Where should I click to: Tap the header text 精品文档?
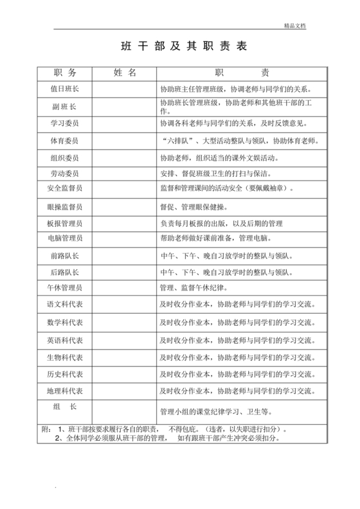pyautogui.click(x=295, y=26)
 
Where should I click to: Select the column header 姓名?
pyautogui.click(x=124, y=73)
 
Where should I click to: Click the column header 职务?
pyautogui.click(x=64, y=73)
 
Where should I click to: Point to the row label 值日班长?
pyautogui.click(x=64, y=89)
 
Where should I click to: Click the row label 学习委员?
pyautogui.click(x=64, y=123)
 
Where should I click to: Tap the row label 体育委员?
pyautogui.click(x=64, y=140)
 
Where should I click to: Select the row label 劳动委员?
pyautogui.click(x=64, y=174)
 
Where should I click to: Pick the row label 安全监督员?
pyautogui.click(x=64, y=189)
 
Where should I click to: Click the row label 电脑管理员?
pyautogui.click(x=64, y=238)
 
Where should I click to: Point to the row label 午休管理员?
pyautogui.click(x=64, y=287)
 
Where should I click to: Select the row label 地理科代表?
pyautogui.click(x=64, y=391)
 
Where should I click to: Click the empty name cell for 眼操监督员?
pyautogui.click(x=124, y=207)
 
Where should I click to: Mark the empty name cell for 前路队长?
pyautogui.click(x=124, y=256)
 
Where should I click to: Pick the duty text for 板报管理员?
pyautogui.click(x=221, y=224)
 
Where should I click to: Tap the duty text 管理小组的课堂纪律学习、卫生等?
pyautogui.click(x=216, y=411)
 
